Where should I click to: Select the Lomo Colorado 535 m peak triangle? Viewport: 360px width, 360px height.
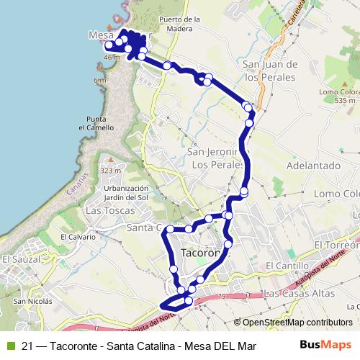344,84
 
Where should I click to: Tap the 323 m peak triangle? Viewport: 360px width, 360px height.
110,160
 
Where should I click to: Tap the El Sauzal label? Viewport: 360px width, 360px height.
18,258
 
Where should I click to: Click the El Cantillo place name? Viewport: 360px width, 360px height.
282,266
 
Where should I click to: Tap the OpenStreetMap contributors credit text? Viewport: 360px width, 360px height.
297,323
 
